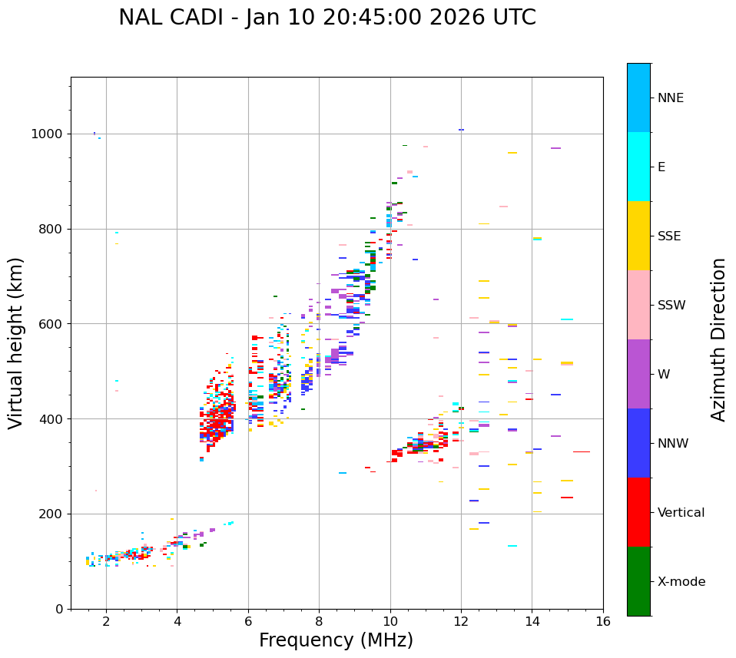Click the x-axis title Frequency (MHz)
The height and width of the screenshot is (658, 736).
336,640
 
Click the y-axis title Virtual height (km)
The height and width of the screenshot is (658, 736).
16,343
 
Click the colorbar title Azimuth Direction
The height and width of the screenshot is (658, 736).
718,339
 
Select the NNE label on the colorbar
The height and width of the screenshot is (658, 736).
670,98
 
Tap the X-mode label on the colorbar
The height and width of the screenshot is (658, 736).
681,582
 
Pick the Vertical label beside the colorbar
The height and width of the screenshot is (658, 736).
681,513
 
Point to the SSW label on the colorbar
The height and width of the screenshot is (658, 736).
671,306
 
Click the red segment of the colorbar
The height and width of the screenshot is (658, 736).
638,512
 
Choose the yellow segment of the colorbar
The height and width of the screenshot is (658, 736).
638,236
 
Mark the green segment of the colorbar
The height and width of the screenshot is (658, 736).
638,581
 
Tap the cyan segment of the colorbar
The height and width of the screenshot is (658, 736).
638,167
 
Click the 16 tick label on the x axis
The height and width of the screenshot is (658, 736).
603,622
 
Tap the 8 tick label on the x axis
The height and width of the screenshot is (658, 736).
319,622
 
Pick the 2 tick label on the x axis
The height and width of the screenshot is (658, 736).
106,622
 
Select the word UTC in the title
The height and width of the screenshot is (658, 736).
512,18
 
